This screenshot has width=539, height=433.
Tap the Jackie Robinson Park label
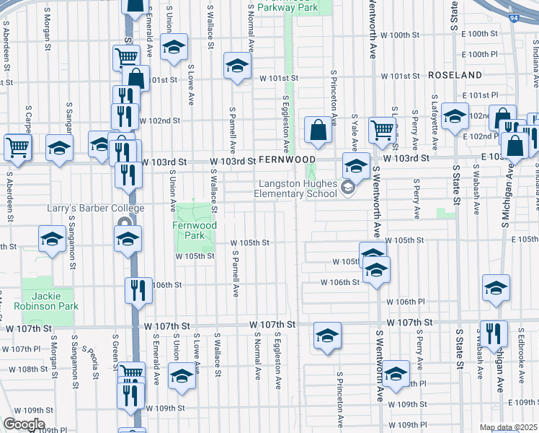tap(49, 301)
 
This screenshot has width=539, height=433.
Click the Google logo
tap(23, 424)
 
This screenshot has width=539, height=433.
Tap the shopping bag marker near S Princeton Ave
tap(318, 131)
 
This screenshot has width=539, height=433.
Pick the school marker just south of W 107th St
tap(327, 336)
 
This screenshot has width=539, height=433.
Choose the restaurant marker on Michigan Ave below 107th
tap(494, 333)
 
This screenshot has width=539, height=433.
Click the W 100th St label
tap(400, 35)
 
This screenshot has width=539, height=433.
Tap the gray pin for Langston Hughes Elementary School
tap(348, 189)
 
